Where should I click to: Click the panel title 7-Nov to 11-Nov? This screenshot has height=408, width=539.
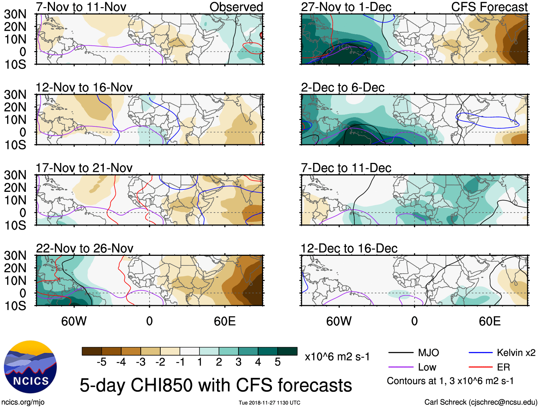pos(81,7)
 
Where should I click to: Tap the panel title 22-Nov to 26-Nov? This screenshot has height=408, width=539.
pos(85,248)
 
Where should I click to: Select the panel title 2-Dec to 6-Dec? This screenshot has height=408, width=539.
pos(343,88)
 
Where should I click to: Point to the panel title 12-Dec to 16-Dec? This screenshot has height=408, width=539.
pos(349,248)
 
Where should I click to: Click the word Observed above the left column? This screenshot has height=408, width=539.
pos(236,7)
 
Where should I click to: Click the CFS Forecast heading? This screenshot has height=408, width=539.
pos(489,7)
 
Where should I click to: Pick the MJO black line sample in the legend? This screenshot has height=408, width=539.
pos(401,353)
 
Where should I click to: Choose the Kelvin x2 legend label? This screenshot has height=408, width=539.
pos(516,353)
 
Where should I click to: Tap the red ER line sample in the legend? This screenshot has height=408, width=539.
pos(480,367)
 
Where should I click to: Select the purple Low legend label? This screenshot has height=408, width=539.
pos(427,367)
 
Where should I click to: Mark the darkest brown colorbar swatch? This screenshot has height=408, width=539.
pos(92,351)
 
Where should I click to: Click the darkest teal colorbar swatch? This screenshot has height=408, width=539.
pos(287,351)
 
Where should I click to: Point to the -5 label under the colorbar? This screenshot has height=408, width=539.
pos(101,362)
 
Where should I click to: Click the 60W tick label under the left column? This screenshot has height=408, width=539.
pos(74,321)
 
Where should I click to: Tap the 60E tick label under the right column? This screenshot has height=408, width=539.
pos(490,321)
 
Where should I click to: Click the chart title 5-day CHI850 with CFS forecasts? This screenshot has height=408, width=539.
pos(216,385)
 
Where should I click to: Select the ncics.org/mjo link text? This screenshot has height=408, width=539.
pos(23,402)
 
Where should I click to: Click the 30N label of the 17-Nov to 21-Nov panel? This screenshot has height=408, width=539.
pos(15,175)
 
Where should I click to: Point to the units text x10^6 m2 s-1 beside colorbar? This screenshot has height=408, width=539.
pos(337,357)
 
